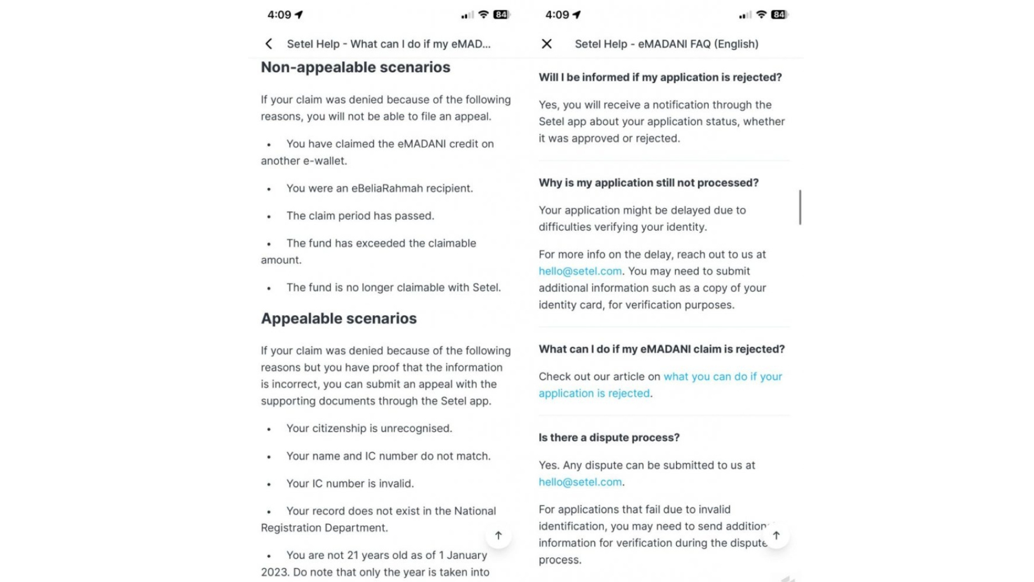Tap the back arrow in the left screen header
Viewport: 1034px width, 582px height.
269,44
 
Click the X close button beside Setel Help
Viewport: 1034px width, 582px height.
546,44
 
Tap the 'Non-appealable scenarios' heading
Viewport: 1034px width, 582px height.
355,67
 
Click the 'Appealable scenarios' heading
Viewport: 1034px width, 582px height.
339,318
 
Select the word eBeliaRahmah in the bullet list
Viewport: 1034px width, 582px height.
387,188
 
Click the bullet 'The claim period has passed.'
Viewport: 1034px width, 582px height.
360,216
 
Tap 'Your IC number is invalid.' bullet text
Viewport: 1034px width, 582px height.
350,483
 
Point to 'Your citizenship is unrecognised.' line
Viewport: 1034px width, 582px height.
369,428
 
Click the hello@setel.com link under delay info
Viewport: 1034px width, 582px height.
580,271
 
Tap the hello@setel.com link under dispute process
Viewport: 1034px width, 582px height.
580,482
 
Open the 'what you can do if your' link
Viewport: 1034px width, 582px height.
722,376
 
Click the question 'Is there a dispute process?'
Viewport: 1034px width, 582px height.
609,438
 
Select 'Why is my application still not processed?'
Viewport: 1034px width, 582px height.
648,183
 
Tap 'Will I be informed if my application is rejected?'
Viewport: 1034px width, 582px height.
660,77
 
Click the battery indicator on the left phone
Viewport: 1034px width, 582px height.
501,15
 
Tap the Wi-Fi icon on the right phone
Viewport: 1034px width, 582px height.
761,15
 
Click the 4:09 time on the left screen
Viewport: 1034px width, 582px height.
279,15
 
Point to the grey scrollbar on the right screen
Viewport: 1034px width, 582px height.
800,207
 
